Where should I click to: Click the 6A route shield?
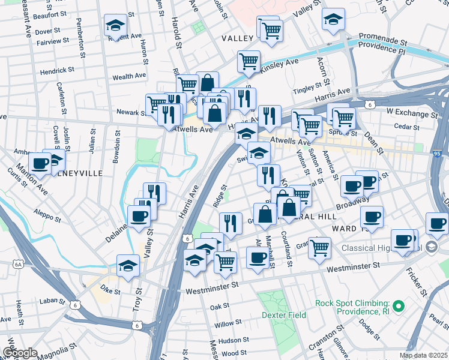pos(17,263)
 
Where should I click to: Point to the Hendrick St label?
pos(57,70)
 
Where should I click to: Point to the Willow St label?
pos(228,324)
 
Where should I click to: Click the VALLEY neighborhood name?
pos(238,38)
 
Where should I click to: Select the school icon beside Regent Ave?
pos(115,25)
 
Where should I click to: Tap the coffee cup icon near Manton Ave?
pos(40,162)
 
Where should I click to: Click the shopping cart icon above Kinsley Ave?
pos(249,61)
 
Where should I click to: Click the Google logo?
pos(20,353)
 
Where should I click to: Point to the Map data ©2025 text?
pos(423,355)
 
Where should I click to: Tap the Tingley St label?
pos(307,91)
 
